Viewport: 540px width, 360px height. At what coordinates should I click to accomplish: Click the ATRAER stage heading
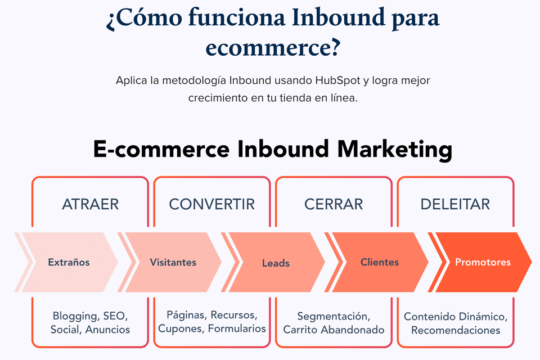point(90,204)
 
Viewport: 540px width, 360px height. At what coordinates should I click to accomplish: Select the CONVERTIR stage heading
point(212,204)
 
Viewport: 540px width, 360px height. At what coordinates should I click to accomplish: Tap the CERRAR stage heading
point(334,204)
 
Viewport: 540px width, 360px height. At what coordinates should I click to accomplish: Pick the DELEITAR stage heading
point(455,204)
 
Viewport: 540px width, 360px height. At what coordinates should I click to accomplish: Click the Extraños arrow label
point(69,262)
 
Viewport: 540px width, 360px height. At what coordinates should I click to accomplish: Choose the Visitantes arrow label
point(173,262)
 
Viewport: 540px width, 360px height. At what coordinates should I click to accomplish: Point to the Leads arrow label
point(276,263)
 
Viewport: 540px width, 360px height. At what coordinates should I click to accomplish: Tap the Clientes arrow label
point(380,262)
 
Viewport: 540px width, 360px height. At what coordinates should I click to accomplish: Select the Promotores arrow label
point(483,262)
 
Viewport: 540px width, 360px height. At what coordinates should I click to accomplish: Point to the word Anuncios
point(107,330)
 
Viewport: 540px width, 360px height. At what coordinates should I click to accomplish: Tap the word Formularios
point(237,328)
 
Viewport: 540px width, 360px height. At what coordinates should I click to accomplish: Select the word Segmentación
point(334,316)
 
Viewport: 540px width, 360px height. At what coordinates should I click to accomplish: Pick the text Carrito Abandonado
point(334,330)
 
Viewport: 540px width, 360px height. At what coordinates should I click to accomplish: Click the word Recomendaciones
point(456,330)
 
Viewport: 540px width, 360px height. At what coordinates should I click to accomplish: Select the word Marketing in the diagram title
point(394,149)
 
